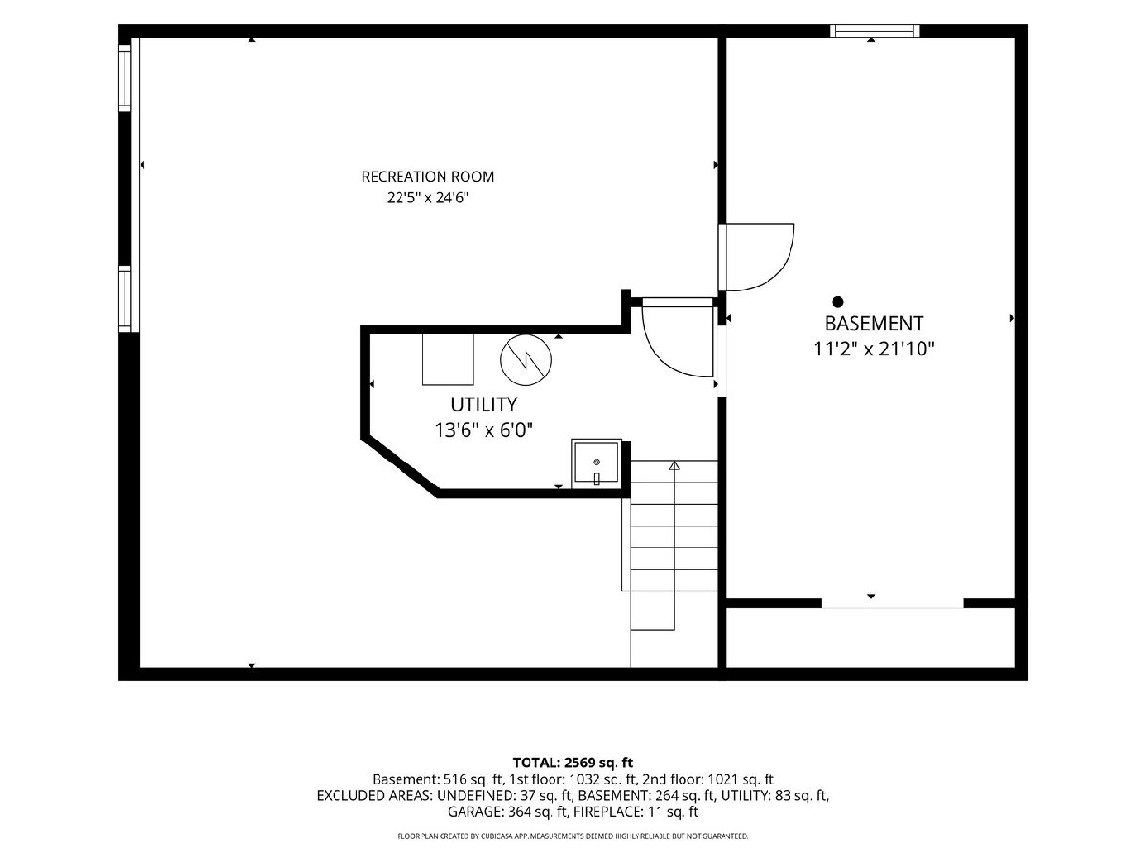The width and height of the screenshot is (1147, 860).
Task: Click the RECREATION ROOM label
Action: coord(428,177)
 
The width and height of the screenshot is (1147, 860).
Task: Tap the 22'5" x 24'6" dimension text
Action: coord(428,198)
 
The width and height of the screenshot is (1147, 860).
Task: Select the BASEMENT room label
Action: coord(874,323)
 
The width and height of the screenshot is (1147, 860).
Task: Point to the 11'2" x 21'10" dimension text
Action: coord(874,349)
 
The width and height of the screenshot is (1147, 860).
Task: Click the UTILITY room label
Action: coord(484,404)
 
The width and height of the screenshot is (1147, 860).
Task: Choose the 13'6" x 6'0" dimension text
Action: coord(484,430)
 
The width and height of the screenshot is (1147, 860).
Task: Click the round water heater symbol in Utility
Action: coord(526,360)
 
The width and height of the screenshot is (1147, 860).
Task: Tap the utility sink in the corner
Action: coord(596,463)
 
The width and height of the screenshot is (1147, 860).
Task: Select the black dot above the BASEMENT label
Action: coord(837,301)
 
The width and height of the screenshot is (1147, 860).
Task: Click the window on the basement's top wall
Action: coord(875,31)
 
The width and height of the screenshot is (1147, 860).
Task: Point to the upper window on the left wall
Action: coord(124,77)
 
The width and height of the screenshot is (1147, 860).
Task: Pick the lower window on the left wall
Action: coord(124,298)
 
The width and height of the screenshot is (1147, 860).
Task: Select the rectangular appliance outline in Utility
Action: coord(448,360)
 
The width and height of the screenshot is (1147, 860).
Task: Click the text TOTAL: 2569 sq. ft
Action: coord(573,763)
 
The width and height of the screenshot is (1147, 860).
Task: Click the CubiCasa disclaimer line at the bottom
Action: coord(573,836)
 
